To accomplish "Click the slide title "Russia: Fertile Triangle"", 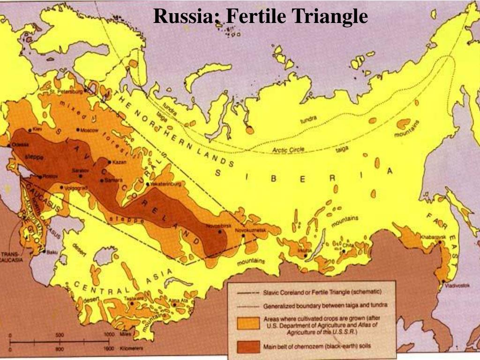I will [x=260, y=16].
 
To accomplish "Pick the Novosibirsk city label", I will [x=219, y=226].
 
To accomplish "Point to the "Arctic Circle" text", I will [x=288, y=150].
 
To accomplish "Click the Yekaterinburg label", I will [x=166, y=184].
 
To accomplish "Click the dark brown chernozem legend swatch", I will [x=247, y=346].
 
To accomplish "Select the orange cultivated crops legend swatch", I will [x=247, y=323].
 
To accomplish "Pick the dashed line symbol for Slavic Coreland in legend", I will [x=247, y=292].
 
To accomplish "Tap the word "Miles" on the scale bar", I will [x=125, y=335].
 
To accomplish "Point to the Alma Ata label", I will [x=182, y=299].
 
